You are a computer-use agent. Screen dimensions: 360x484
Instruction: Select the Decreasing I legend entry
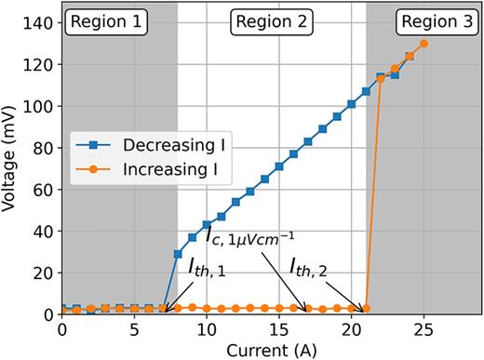tap(148, 145)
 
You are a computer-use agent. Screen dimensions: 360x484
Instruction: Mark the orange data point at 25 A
tap(423, 44)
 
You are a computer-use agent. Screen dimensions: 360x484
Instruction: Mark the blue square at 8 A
tap(178, 254)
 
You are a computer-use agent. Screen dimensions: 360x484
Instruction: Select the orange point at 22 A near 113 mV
tap(380, 80)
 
